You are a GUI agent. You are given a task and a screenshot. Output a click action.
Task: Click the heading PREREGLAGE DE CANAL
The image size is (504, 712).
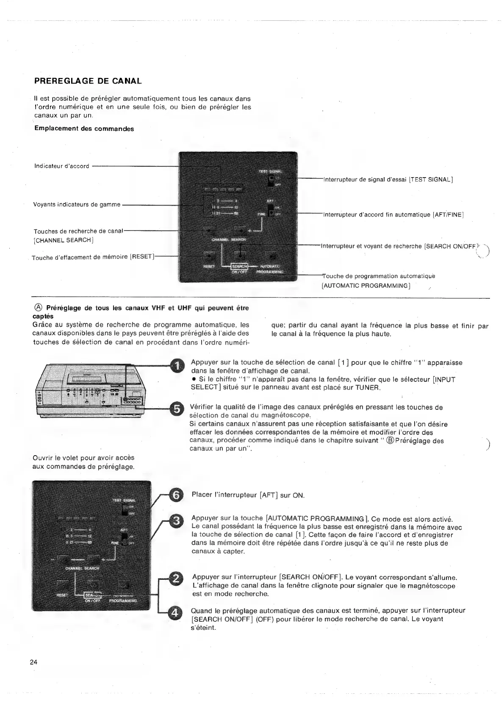point(88,81)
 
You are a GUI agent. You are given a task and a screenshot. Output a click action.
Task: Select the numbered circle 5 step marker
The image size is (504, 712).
point(177,409)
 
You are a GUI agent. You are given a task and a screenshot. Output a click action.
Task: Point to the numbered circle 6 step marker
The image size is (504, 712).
point(177,495)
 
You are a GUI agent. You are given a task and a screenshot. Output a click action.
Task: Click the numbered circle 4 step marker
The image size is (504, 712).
point(177,612)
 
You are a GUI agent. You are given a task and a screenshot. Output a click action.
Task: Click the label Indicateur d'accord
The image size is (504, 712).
point(62,166)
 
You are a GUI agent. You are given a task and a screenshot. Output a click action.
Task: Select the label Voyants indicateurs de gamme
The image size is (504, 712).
point(77,205)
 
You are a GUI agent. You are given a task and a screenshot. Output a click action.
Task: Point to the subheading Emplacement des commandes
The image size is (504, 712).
point(84,129)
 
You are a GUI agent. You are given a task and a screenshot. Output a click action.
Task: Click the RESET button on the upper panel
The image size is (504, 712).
point(208,256)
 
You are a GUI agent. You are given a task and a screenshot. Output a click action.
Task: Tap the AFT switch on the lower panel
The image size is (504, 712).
point(125,538)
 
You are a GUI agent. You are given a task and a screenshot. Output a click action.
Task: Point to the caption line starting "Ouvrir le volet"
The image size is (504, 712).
point(83,458)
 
